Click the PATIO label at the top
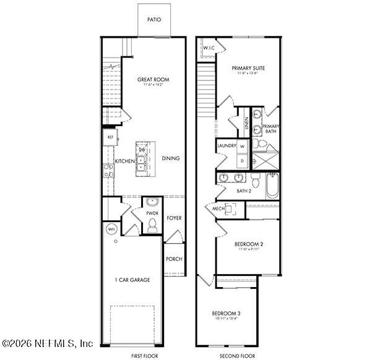(x=154, y=20)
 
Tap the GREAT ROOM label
(x=154, y=80)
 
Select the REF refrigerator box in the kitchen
(x=110, y=137)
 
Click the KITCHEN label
(x=124, y=161)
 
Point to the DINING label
(x=171, y=158)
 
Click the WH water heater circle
(x=111, y=229)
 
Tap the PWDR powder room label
(x=152, y=213)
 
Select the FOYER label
(x=174, y=218)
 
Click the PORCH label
(x=174, y=259)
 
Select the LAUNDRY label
(x=227, y=146)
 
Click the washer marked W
(x=242, y=147)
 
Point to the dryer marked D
(x=242, y=160)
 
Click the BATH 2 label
(x=244, y=191)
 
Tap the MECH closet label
(x=219, y=209)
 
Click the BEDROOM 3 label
(x=226, y=314)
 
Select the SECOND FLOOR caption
(x=237, y=356)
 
